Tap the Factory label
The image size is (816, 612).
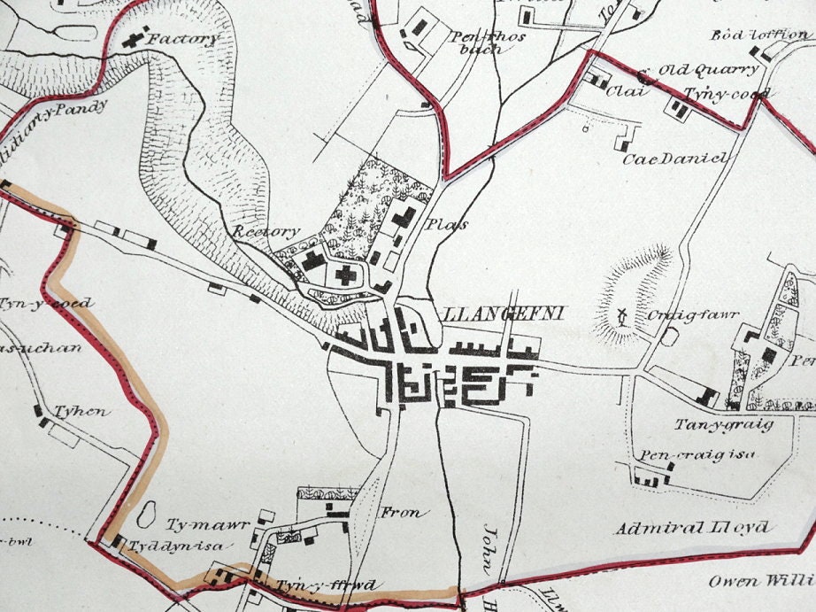click(x=182, y=40)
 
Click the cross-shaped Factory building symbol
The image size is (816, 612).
click(x=135, y=39)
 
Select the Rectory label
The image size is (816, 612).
click(x=267, y=231)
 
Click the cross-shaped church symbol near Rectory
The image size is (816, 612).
click(x=345, y=275)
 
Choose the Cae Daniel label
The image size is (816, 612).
click(x=674, y=159)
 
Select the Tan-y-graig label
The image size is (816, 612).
click(x=724, y=424)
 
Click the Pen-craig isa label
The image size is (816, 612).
click(x=687, y=456)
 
